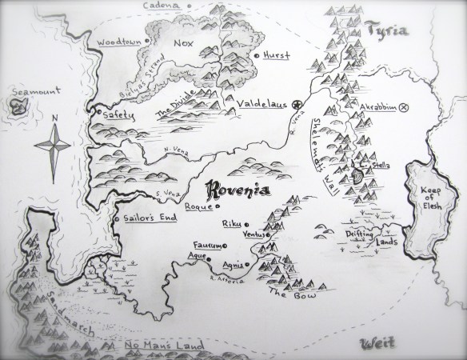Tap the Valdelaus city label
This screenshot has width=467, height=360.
tap(261, 105)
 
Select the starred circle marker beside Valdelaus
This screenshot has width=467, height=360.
tap(296, 105)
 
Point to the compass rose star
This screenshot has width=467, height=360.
tap(54, 148)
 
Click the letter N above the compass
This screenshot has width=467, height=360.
tap(54, 122)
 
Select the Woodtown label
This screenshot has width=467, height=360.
tap(115, 38)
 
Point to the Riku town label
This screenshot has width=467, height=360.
tap(230, 225)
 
